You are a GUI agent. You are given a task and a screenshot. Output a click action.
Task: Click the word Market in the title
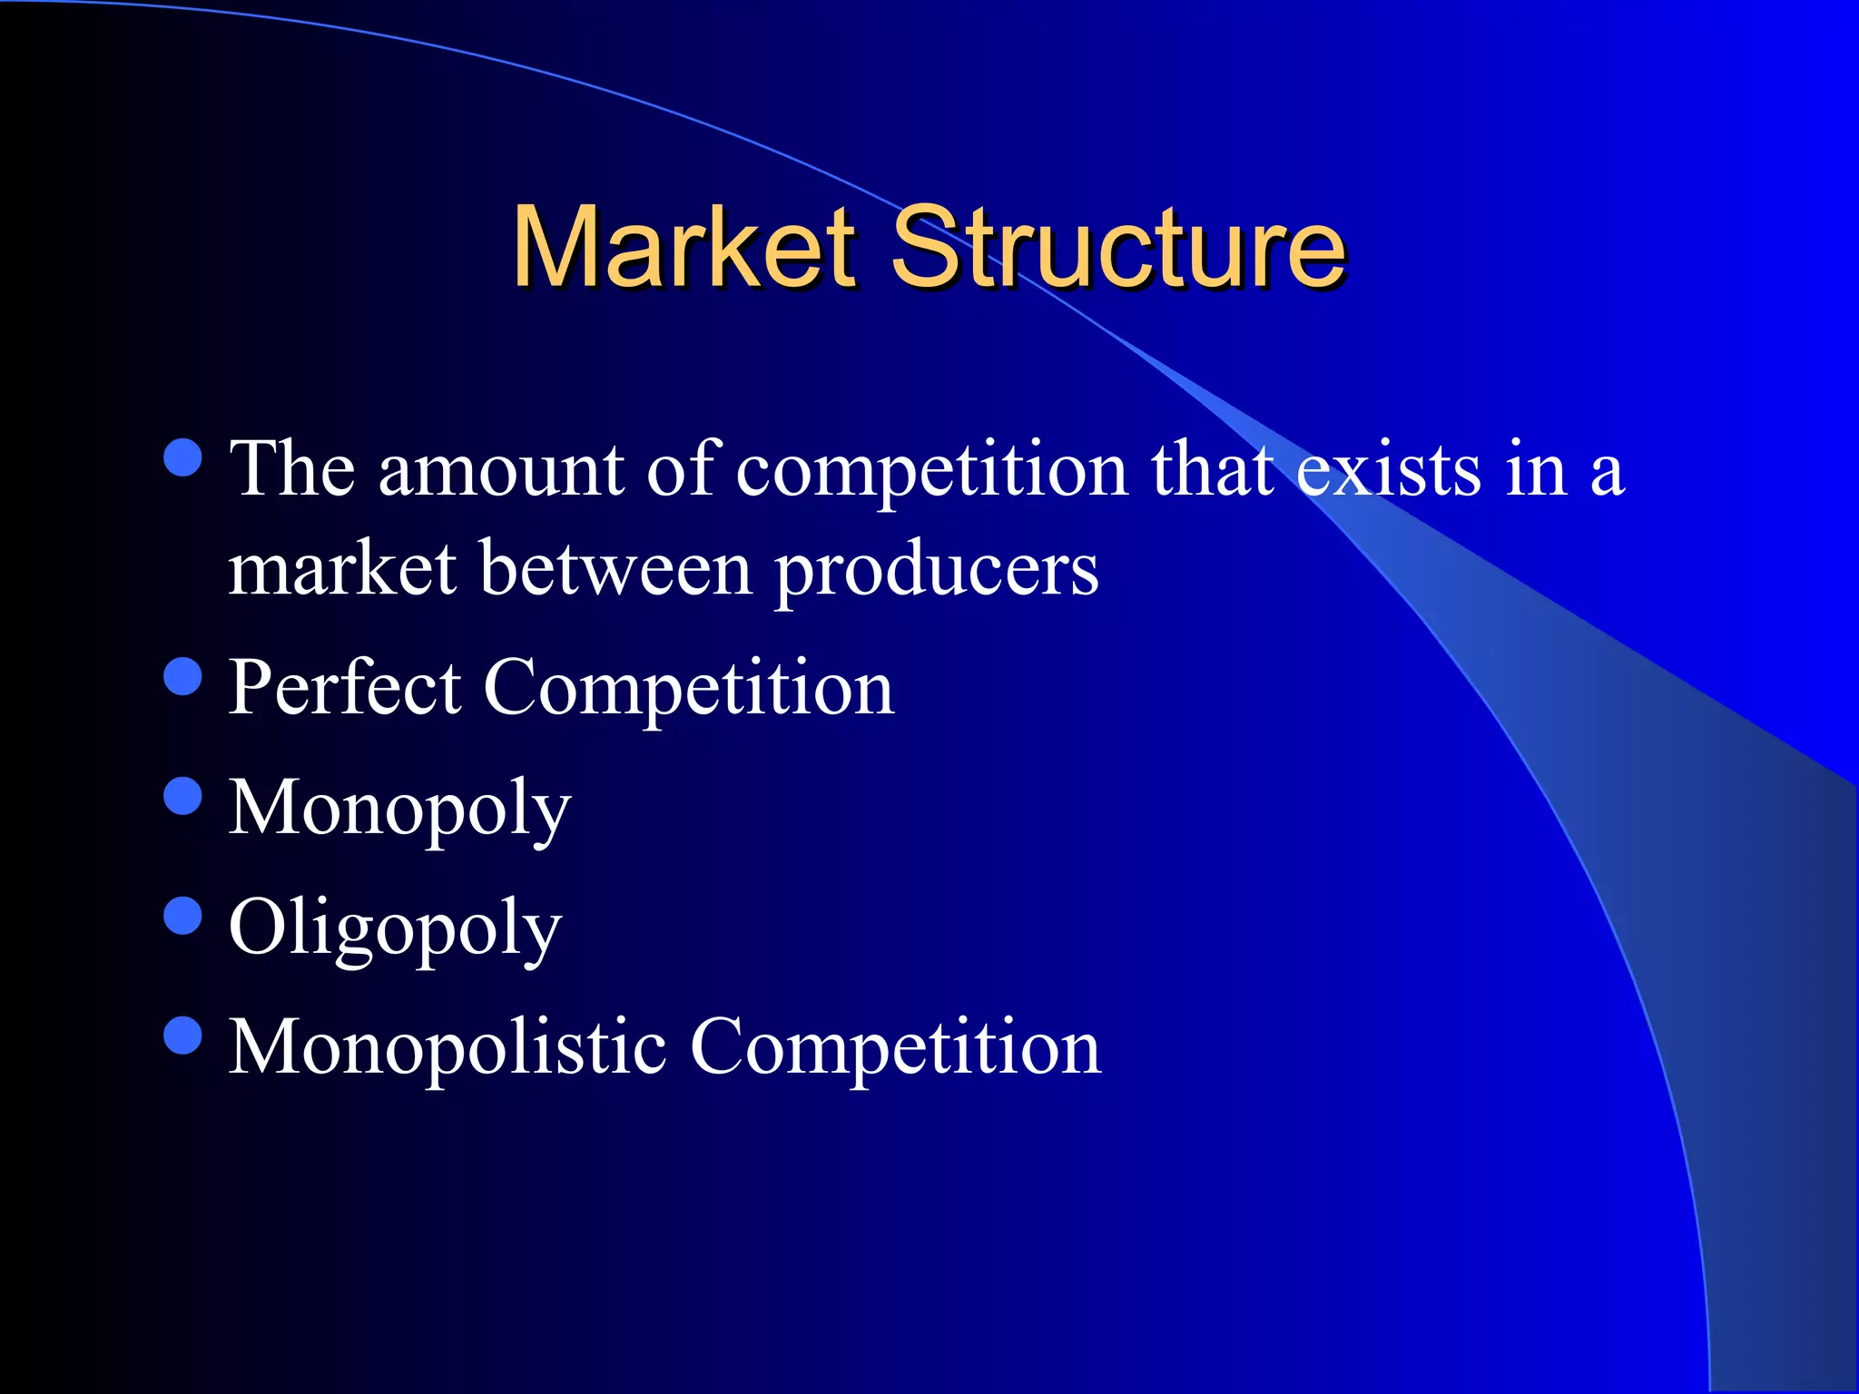click(684, 247)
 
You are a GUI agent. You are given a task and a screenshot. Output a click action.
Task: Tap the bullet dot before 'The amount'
click(183, 457)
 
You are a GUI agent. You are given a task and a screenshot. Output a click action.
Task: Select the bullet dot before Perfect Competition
click(183, 676)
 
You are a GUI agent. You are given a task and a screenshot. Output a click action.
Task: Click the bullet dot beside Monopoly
click(183, 796)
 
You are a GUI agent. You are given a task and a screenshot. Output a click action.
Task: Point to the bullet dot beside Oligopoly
click(183, 916)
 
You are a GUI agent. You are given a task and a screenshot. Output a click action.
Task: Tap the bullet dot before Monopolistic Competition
click(183, 1036)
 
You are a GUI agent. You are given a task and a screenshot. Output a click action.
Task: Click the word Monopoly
click(399, 808)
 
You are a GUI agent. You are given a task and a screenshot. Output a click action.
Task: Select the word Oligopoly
click(395, 928)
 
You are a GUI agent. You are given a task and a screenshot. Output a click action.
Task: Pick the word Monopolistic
click(448, 1046)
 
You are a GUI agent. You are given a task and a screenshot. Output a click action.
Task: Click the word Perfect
click(344, 687)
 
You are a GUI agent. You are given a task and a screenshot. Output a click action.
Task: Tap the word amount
click(500, 469)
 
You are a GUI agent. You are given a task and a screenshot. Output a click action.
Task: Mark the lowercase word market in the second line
click(341, 569)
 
